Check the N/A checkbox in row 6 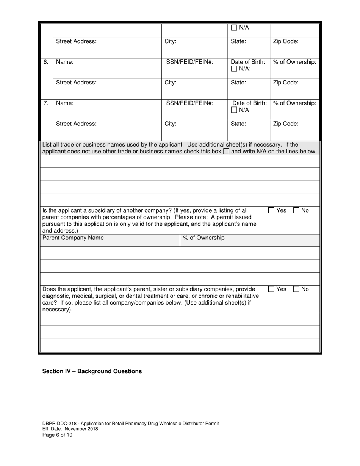234,69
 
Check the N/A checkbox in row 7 234,110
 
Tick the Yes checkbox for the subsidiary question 271,211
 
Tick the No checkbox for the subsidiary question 297,211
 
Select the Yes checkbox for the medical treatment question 271,289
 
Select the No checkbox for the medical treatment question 297,289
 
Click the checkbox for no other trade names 226,152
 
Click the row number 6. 46,62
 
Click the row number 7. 46,103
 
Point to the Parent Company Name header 73,238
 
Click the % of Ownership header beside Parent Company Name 204,238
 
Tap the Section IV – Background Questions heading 92,371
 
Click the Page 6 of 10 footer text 57,435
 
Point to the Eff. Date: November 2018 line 70,429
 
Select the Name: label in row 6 65,62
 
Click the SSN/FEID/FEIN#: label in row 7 189,103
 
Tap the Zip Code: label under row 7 286,124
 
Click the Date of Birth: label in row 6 248,62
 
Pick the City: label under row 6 171,83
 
